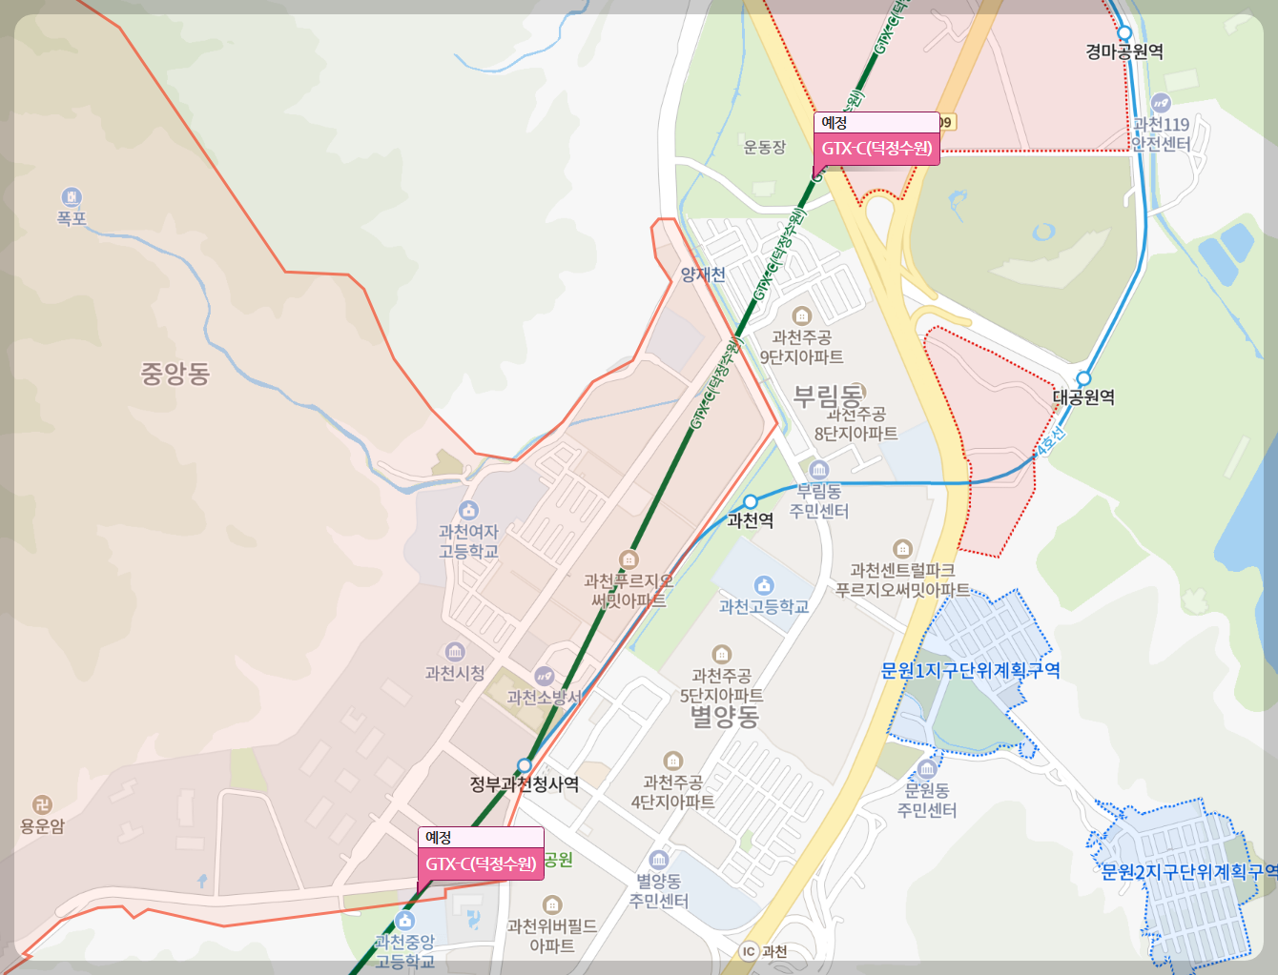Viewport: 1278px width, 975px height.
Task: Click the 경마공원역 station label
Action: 1123,51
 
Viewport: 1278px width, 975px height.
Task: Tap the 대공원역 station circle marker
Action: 1083,378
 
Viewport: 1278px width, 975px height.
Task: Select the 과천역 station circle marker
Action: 751,501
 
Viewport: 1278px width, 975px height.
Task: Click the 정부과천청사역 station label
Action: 525,784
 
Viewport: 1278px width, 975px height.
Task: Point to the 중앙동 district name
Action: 175,374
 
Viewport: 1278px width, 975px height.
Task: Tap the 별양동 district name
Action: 724,716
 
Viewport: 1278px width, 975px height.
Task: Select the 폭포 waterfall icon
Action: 72,197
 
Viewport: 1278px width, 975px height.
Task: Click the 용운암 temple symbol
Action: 42,805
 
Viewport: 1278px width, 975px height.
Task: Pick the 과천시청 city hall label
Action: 455,673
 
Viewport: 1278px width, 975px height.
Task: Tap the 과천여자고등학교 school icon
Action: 468,511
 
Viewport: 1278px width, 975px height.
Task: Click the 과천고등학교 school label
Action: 763,606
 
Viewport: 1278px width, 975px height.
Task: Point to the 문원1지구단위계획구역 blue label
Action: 970,670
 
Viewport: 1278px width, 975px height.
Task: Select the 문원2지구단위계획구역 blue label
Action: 1188,871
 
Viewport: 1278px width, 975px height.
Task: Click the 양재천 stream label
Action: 703,274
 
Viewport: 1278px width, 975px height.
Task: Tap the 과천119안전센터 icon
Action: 1161,104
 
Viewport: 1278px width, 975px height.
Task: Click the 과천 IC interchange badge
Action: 750,950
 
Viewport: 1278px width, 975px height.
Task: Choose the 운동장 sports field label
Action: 765,147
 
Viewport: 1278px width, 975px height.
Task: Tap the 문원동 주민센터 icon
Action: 927,770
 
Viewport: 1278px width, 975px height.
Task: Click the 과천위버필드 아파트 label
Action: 552,936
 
